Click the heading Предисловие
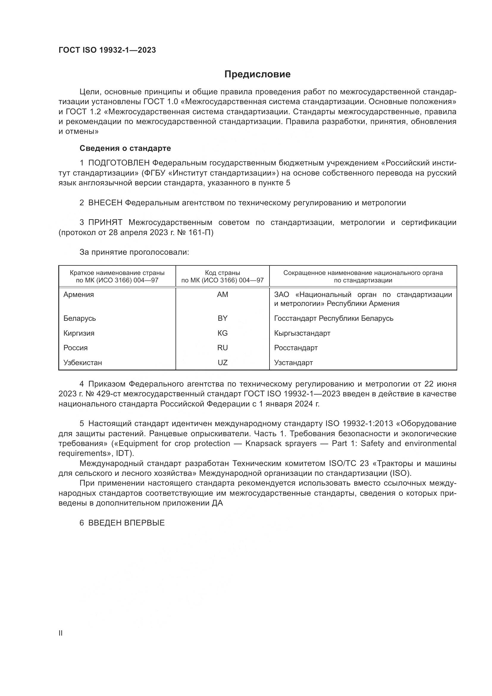pos(257,74)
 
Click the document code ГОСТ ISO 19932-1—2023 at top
pos(107,50)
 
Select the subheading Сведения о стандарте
pos(125,148)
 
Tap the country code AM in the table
pos(223,295)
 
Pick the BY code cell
pos(223,318)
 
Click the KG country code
pos(223,333)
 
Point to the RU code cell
pos(223,348)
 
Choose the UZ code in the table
pos(223,362)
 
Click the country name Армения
pos(79,295)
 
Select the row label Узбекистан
pos(82,362)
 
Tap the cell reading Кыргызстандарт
pos(302,333)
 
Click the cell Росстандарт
pos(296,348)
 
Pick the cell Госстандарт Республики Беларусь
pos(333,318)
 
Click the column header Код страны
pos(223,273)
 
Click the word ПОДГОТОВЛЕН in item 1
pos(119,163)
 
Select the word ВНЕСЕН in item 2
pos(105,203)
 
